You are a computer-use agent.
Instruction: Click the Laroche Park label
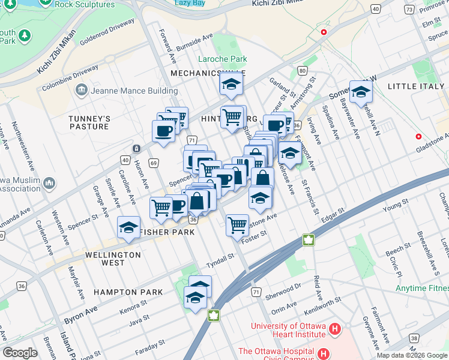pos(223,59)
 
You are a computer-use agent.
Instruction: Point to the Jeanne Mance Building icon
pos(81,91)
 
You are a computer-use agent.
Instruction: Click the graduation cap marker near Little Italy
pos(361,92)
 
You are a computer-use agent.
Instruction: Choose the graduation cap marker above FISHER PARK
pos(128,227)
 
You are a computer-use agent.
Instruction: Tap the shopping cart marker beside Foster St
pos(238,225)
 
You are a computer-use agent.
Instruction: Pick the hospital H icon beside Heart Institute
pos(335,329)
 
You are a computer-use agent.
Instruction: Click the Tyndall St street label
pos(220,259)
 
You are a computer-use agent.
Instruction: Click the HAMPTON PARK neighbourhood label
pos(128,292)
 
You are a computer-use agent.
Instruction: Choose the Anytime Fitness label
pos(422,287)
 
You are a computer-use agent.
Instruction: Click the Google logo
pos(20,353)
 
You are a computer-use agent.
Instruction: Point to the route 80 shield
pos(301,71)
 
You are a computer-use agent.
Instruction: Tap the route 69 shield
pos(154,163)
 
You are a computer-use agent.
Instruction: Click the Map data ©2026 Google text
pos(412,355)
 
